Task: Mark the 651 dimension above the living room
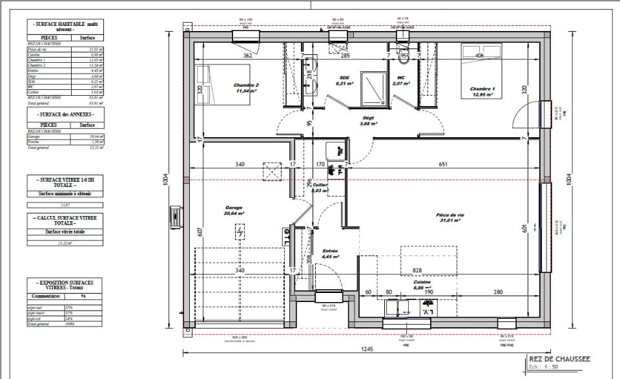(443, 165)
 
